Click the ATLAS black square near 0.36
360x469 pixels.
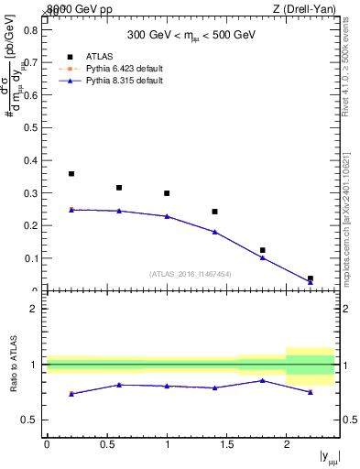point(71,173)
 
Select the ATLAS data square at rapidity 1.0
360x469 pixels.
point(167,193)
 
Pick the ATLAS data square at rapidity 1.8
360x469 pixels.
point(262,250)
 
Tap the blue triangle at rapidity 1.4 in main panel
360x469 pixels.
point(214,232)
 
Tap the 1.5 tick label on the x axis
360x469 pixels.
point(226,444)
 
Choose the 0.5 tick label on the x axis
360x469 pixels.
point(106,444)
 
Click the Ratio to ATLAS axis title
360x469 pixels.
point(12,365)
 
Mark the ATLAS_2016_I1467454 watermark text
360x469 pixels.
point(191,274)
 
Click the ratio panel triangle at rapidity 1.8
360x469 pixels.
point(262,380)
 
